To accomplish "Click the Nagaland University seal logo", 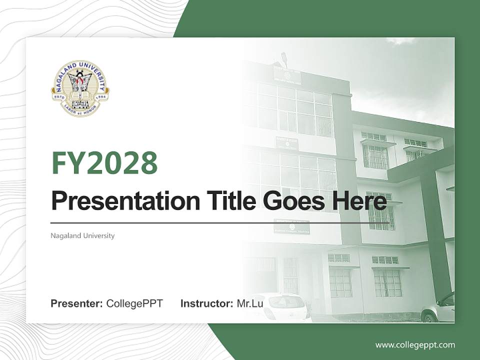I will [80, 88].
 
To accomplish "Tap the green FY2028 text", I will [104, 163].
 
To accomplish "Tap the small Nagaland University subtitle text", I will [82, 235].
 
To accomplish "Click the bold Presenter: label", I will [77, 303].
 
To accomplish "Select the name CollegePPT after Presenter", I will [134, 303].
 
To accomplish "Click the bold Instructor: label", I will [206, 303].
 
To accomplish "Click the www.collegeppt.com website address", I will [415, 345].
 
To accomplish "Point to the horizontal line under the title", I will [220, 222].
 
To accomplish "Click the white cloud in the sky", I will [400, 41].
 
